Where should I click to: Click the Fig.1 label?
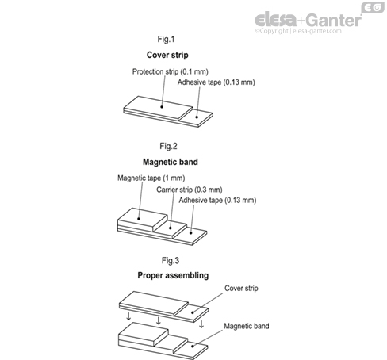[x=166, y=39]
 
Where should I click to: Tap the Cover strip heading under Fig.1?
[x=167, y=55]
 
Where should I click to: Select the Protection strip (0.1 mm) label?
[x=171, y=71]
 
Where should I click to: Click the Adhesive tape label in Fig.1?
[x=216, y=82]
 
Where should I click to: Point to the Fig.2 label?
[x=168, y=146]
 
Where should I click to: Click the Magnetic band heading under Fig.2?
[x=171, y=162]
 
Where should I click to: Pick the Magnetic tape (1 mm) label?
[x=151, y=178]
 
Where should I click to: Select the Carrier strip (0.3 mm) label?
[x=190, y=190]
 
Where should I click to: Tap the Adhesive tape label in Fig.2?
[x=217, y=200]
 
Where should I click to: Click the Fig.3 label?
[x=171, y=260]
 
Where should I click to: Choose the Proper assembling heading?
[x=173, y=275]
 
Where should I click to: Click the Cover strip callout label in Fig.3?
[x=241, y=288]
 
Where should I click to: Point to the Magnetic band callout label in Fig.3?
[x=247, y=326]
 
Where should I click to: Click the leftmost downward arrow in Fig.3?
[x=128, y=316]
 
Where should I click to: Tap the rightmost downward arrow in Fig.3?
[x=201, y=324]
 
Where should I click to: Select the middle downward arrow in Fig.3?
[x=159, y=320]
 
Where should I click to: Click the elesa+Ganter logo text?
[x=308, y=19]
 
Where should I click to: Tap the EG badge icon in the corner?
[x=373, y=7]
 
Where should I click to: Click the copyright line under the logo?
[x=298, y=31]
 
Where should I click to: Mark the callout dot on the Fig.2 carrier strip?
[x=171, y=228]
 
